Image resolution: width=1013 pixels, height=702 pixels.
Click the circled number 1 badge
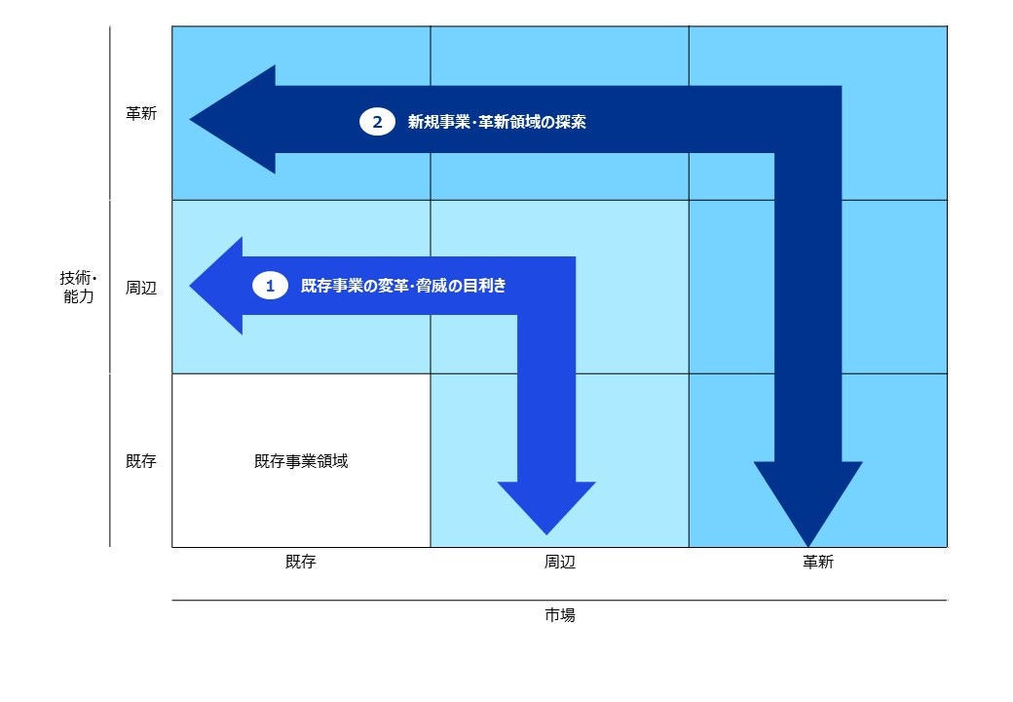[270, 286]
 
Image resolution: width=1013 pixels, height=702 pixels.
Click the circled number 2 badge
[377, 122]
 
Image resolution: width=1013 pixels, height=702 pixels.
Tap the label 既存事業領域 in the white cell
[301, 461]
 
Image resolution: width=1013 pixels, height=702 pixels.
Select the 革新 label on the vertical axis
[141, 114]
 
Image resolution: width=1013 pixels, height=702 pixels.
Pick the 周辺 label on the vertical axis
[141, 288]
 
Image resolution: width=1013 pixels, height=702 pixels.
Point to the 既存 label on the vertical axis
[141, 461]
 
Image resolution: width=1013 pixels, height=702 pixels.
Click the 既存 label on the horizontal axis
[301, 561]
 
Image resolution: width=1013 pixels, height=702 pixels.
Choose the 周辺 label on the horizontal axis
[559, 562]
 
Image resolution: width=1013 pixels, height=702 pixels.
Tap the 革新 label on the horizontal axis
[818, 562]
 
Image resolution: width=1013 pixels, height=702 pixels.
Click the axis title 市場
[559, 614]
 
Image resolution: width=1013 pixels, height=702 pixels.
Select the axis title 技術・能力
[78, 287]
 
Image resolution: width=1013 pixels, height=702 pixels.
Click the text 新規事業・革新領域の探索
[497, 122]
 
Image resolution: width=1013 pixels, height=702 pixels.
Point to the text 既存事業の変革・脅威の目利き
[403, 286]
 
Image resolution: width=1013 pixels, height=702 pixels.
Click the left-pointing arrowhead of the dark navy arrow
[233, 120]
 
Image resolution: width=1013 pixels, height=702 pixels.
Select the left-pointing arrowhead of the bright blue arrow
[216, 286]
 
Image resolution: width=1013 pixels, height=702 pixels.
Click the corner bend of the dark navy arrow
[807, 120]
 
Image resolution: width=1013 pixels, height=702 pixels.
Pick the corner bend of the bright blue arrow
[546, 286]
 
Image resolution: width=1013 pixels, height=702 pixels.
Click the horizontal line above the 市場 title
[559, 600]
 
